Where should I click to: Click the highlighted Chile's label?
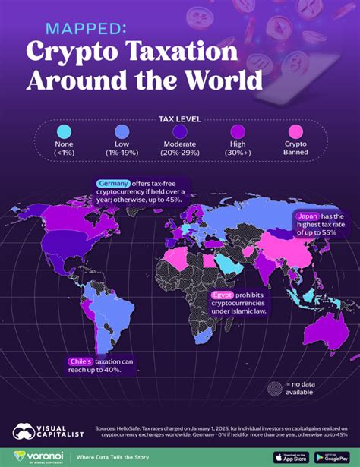point(81,362)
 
